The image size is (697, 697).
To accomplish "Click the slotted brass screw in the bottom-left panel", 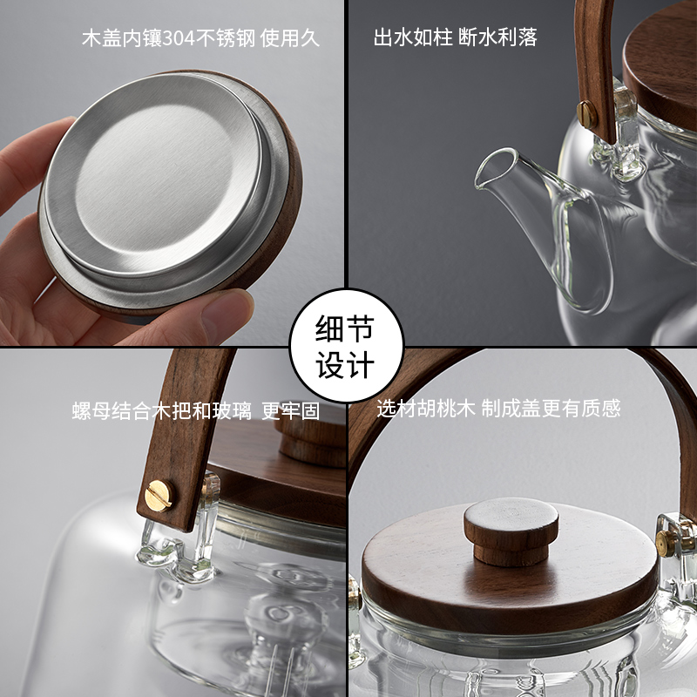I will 158,496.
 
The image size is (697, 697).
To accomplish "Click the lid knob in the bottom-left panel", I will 312,440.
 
